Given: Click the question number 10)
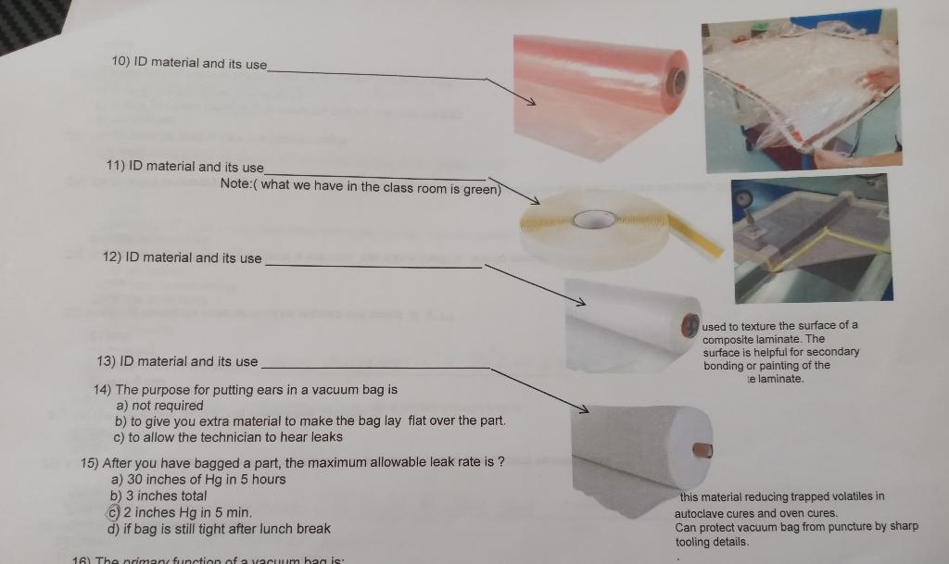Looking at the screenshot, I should pos(120,62).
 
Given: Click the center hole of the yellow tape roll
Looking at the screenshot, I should pos(594,219).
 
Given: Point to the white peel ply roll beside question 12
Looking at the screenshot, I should pos(630,324).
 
